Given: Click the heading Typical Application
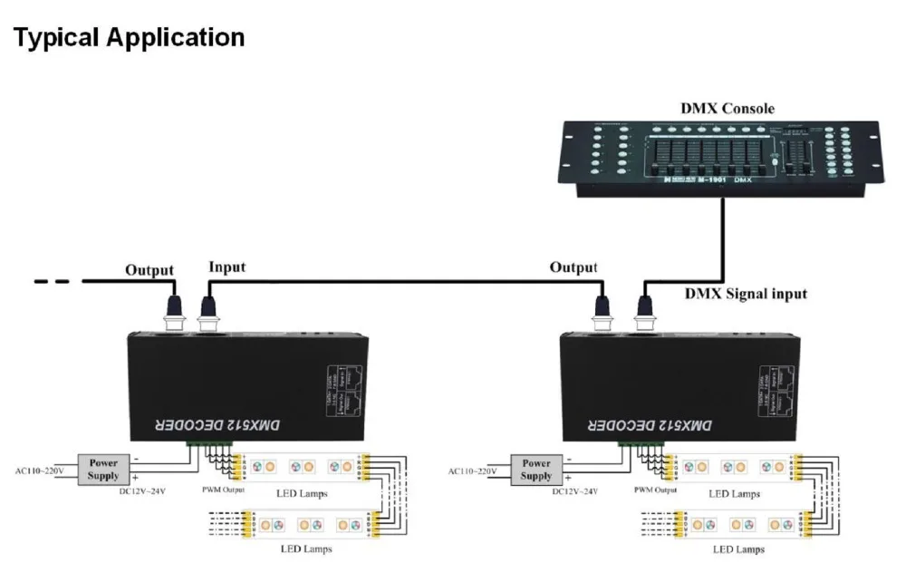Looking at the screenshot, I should [x=130, y=38].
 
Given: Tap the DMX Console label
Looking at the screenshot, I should [x=728, y=109].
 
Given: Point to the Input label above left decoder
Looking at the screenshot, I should [x=226, y=267].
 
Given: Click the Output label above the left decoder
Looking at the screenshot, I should [x=149, y=269].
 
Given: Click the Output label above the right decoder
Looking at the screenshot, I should [x=573, y=267].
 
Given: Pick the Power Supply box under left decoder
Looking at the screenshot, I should [x=103, y=469].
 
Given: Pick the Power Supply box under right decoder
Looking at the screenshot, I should [x=536, y=469].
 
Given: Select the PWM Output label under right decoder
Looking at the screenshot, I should [x=655, y=490].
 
